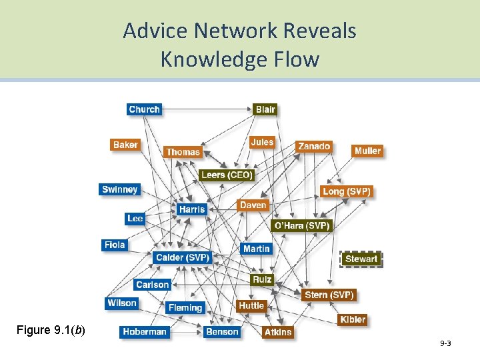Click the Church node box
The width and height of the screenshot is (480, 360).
pos(144,109)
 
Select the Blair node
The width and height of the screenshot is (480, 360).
pos(265,109)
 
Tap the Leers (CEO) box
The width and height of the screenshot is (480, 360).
pos(227,175)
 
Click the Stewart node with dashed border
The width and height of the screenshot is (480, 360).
pos(361,259)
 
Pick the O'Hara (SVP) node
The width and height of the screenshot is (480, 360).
pos(302,225)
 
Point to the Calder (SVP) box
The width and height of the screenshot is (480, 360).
pos(182,257)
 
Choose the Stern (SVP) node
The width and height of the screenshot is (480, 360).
pos(329,295)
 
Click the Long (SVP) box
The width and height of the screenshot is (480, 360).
pos(346,191)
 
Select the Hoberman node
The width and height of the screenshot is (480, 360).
pos(144,331)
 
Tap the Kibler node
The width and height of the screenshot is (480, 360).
pos(352,319)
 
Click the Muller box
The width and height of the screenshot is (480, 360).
pos(367,151)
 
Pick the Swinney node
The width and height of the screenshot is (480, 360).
pos(120,189)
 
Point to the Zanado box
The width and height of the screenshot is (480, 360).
pos(313,146)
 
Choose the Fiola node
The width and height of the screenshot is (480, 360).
pos(115,245)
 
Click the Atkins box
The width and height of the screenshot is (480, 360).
pos(277,331)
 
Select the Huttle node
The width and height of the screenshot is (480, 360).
pos(251,305)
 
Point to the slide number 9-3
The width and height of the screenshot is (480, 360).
pos(445,343)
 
